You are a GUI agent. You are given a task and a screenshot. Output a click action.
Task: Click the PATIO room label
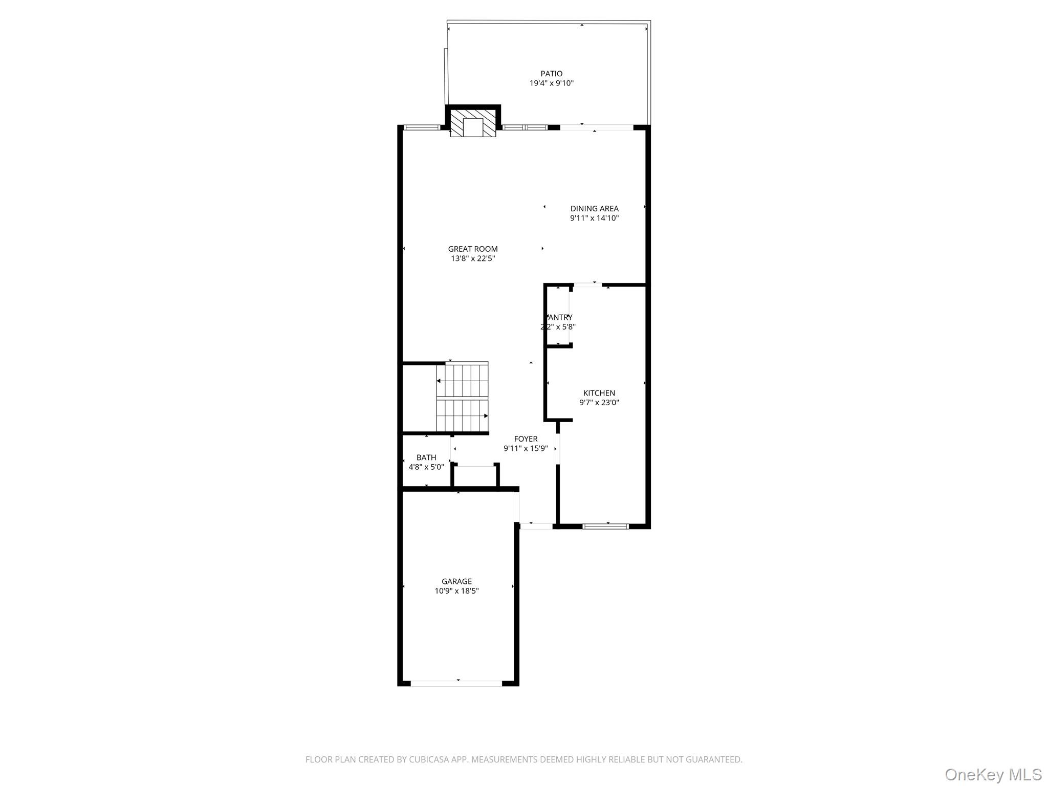point(551,74)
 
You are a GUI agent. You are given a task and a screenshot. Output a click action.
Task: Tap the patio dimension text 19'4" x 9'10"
point(551,83)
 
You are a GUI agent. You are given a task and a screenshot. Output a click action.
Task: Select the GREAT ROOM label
point(473,249)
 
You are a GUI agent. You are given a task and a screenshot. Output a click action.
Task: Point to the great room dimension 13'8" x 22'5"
point(473,259)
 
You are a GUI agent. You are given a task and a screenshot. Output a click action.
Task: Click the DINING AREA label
point(594,209)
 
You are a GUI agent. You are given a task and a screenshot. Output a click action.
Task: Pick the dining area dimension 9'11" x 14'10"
point(594,219)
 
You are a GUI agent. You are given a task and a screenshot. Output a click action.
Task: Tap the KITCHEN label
point(599,393)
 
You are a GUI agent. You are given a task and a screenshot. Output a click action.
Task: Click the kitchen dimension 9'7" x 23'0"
point(599,403)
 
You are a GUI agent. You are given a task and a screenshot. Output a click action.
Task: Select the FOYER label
point(526,439)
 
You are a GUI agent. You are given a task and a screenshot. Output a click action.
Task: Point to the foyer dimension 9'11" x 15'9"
point(526,449)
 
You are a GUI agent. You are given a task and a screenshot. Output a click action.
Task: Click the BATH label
point(426,457)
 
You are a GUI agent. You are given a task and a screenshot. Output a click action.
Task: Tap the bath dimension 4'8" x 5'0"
point(426,467)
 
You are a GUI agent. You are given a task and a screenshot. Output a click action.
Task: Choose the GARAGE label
point(456,581)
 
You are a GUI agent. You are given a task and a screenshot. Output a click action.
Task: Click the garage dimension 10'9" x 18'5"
point(456,591)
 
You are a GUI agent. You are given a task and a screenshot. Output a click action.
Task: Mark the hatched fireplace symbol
point(473,123)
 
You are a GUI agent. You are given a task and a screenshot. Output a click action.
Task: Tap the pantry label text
point(560,318)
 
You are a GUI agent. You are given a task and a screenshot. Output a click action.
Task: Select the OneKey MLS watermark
point(993,775)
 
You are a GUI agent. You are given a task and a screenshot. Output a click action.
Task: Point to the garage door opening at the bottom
point(456,683)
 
